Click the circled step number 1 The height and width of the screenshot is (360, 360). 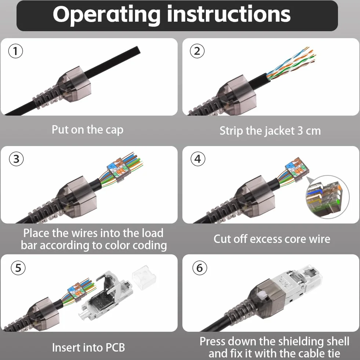click(x=16, y=51)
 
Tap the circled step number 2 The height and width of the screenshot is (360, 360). click(x=197, y=51)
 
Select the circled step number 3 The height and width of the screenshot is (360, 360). click(x=16, y=159)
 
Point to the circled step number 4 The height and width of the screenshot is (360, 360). click(x=198, y=159)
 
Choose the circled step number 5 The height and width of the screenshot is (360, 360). click(x=18, y=268)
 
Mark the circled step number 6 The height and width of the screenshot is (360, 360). click(x=200, y=268)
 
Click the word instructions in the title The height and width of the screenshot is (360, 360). click(x=229, y=14)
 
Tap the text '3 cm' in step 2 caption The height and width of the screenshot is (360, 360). click(x=309, y=131)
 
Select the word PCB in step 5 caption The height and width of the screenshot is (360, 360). click(x=114, y=348)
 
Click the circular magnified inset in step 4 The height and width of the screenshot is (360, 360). click(x=328, y=197)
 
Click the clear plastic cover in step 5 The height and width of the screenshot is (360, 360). click(x=144, y=277)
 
